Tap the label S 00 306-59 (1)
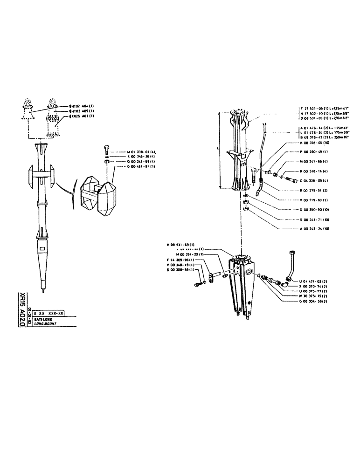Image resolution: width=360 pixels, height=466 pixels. point(180,270)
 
